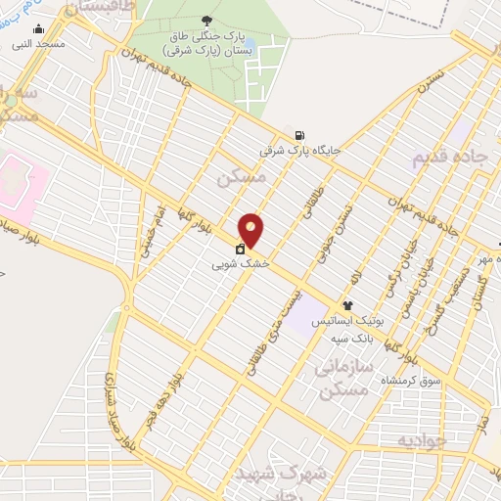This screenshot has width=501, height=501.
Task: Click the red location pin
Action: (x=251, y=229)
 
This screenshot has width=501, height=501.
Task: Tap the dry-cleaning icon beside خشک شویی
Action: (x=241, y=250)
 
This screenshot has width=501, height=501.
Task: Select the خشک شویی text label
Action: (x=241, y=264)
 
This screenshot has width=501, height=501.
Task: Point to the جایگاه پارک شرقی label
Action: (x=300, y=151)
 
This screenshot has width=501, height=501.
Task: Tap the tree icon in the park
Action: (x=206, y=20)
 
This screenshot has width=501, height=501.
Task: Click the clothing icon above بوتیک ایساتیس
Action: (x=347, y=306)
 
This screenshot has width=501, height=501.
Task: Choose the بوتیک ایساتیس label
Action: (x=348, y=321)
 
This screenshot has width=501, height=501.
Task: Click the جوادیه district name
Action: (x=423, y=441)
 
